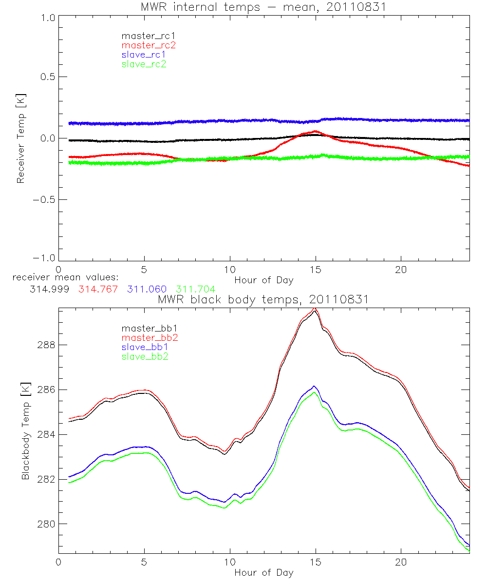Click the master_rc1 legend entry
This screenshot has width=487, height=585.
[145, 36]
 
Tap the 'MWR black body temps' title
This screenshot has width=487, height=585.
[263, 299]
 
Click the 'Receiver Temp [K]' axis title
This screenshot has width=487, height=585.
[20, 138]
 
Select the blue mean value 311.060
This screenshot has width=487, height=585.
[147, 290]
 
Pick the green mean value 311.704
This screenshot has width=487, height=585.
[195, 290]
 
